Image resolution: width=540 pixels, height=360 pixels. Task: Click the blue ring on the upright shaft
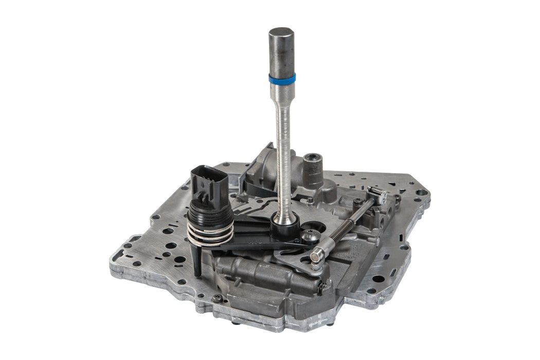pyautogui.click(x=282, y=79)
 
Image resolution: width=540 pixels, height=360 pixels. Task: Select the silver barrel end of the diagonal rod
pyautogui.click(x=317, y=254)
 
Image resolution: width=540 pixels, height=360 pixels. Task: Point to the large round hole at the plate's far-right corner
pyautogui.click(x=421, y=192)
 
